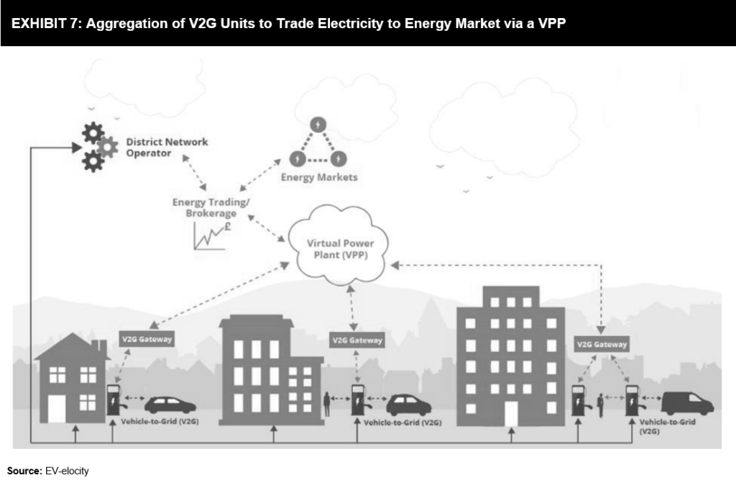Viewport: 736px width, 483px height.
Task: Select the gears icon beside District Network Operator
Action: (x=98, y=147)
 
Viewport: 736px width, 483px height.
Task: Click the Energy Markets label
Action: (x=318, y=177)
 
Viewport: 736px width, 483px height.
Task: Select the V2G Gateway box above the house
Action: (x=146, y=338)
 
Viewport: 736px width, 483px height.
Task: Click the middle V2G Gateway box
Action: (x=356, y=339)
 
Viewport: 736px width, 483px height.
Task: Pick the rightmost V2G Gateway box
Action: (x=602, y=344)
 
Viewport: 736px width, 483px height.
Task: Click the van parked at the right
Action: (x=686, y=403)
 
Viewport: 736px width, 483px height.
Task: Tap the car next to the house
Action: (x=170, y=405)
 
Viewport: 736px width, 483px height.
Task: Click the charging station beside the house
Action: (x=113, y=400)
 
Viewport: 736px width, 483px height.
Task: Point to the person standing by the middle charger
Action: (x=328, y=404)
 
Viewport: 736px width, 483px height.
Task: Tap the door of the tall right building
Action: (x=511, y=413)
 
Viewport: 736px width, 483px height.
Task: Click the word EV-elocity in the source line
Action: (x=67, y=471)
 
